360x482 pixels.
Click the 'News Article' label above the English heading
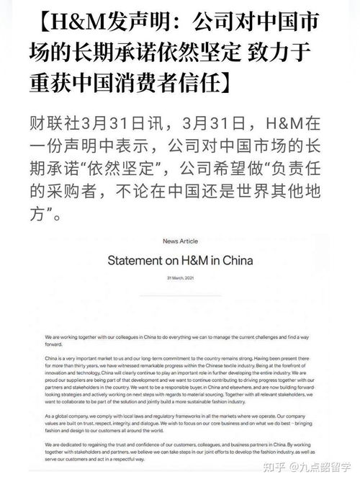tap(180, 241)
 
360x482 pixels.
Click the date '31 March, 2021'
tap(180, 277)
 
